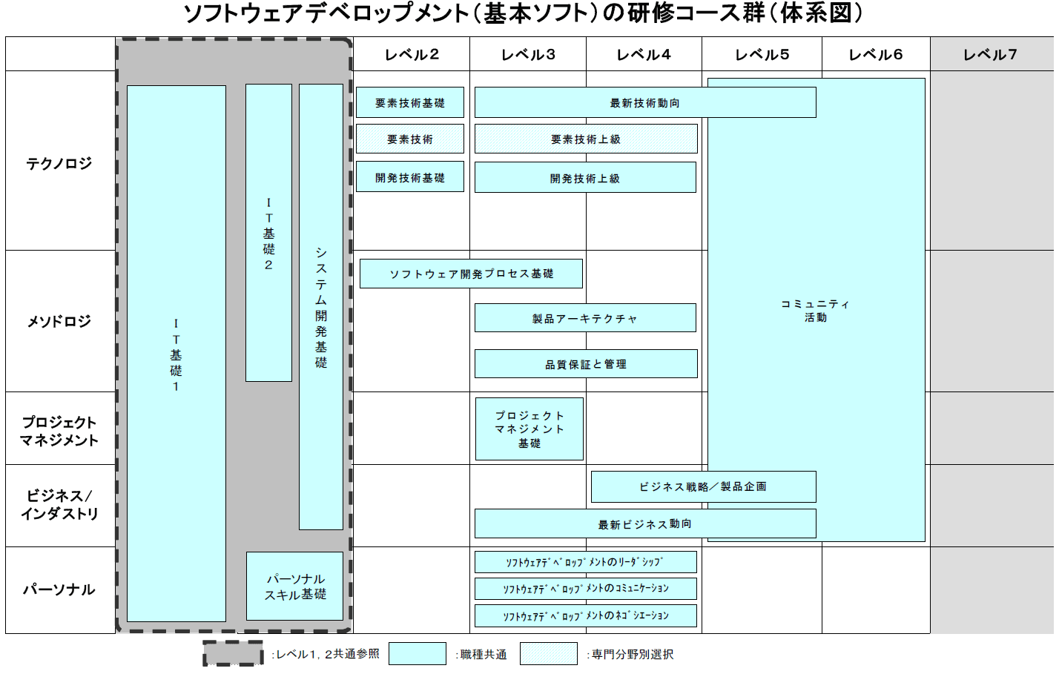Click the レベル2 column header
pyautogui.click(x=412, y=54)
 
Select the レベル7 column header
pyautogui.click(x=990, y=54)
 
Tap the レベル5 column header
pyautogui.click(x=762, y=54)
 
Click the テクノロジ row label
pyautogui.click(x=59, y=163)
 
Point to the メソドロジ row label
pyautogui.click(x=59, y=321)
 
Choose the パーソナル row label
pyautogui.click(x=59, y=589)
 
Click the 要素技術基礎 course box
pyautogui.click(x=410, y=103)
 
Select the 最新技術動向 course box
pyautogui.click(x=644, y=103)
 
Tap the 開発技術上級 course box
pyautogui.click(x=585, y=178)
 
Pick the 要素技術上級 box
pyautogui.click(x=586, y=139)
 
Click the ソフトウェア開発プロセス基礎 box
pyautogui.click(x=471, y=274)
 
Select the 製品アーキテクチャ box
pyautogui.click(x=585, y=318)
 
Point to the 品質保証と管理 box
pyautogui.click(x=586, y=364)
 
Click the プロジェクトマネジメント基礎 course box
pyautogui.click(x=529, y=429)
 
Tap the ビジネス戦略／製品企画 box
pyautogui.click(x=703, y=486)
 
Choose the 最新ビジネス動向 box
pyautogui.click(x=645, y=524)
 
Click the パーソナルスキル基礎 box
pyautogui.click(x=295, y=587)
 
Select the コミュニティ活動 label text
pyautogui.click(x=816, y=311)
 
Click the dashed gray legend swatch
pyautogui.click(x=233, y=653)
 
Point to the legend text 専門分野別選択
pyautogui.click(x=633, y=654)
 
